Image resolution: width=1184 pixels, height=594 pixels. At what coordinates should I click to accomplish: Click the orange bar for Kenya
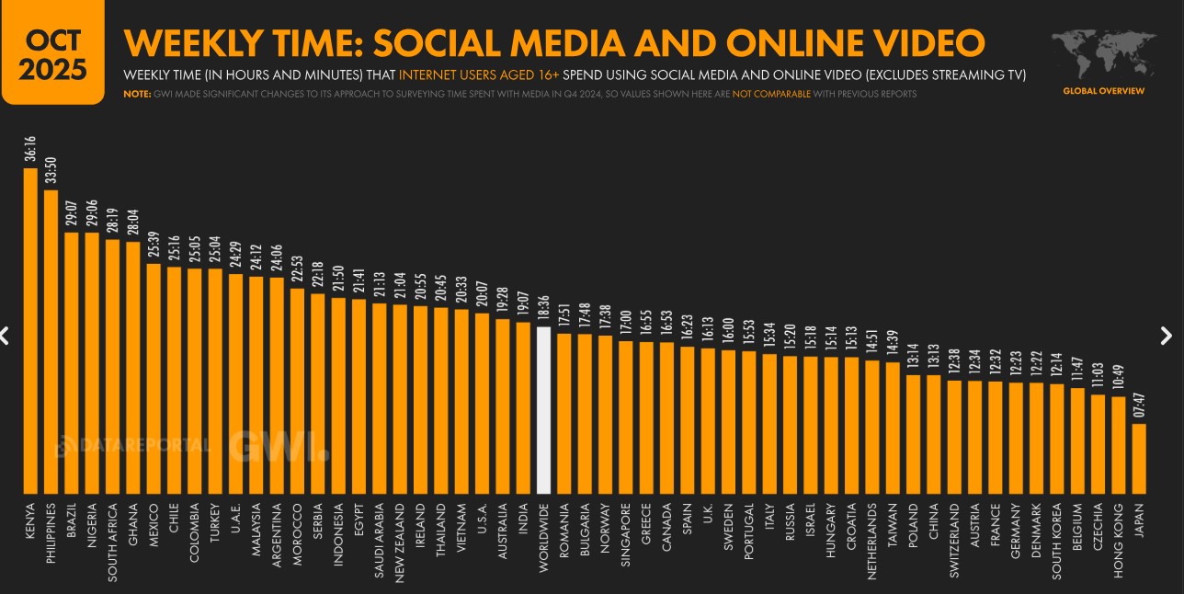click(x=30, y=331)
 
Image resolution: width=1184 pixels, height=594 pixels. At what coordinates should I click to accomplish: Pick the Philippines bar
click(x=51, y=341)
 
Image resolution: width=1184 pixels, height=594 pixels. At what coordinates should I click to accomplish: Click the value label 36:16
click(x=30, y=149)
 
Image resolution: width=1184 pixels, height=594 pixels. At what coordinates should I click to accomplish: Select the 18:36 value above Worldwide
click(x=543, y=307)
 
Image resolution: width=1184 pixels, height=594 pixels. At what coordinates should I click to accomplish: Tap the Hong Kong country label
click(x=1119, y=531)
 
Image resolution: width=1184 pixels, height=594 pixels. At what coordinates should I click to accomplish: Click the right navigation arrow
click(x=1167, y=336)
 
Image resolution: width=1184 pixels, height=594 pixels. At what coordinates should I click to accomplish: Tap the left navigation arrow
click(x=5, y=336)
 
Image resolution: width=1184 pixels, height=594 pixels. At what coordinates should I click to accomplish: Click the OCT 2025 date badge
click(x=52, y=53)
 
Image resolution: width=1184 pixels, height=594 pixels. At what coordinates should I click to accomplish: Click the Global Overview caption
click(x=1103, y=91)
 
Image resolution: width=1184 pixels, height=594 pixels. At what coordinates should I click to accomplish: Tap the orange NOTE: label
click(x=135, y=94)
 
